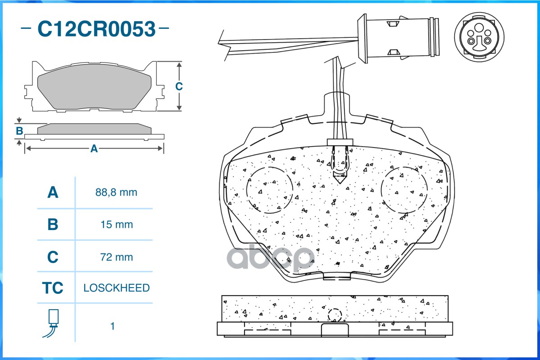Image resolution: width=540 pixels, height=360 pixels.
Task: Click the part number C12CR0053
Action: (x=96, y=29)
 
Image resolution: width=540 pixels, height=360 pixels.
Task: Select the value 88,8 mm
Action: (x=116, y=193)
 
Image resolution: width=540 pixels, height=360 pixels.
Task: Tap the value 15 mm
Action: (x=116, y=225)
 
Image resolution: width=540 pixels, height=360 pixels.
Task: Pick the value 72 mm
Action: (x=116, y=257)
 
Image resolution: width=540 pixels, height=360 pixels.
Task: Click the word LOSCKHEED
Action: (x=116, y=288)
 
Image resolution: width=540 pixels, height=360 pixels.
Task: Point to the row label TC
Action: (x=53, y=288)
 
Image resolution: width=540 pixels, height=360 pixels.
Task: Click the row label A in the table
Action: (x=53, y=193)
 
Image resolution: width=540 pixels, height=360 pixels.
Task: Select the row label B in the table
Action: (x=53, y=225)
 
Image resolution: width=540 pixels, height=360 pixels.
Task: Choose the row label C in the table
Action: (x=53, y=257)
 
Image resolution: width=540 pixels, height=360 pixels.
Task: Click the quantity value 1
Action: (x=113, y=326)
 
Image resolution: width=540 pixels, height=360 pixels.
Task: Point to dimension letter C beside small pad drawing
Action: (x=179, y=86)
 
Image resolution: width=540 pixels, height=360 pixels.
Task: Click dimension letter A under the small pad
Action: (x=94, y=148)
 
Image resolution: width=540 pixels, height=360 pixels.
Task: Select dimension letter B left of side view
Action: (x=19, y=131)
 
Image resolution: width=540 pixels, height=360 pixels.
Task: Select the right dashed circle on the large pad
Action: (x=404, y=189)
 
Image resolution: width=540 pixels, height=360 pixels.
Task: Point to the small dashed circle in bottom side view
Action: (x=335, y=315)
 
